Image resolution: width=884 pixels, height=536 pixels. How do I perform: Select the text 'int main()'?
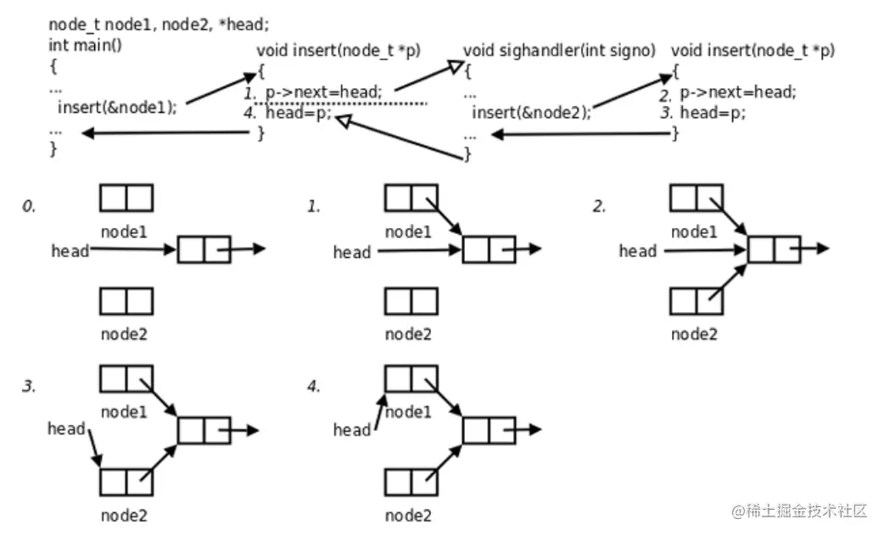(85, 45)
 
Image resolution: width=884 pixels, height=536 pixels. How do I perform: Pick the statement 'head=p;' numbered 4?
(298, 113)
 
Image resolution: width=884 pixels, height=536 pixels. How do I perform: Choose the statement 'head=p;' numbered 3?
(713, 113)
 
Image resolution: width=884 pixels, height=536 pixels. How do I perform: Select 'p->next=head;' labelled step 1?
(323, 92)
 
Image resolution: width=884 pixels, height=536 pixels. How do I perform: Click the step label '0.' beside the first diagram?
(29, 206)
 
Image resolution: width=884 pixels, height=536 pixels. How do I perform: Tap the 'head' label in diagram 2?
(637, 250)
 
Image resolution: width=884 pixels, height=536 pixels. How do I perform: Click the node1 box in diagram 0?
(126, 198)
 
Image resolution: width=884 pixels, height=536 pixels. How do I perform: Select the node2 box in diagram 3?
(126, 482)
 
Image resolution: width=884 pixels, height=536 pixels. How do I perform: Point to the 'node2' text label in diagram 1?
(408, 333)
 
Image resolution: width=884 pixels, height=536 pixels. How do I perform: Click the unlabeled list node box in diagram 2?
(774, 250)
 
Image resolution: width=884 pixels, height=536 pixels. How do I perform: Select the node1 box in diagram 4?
(411, 378)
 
